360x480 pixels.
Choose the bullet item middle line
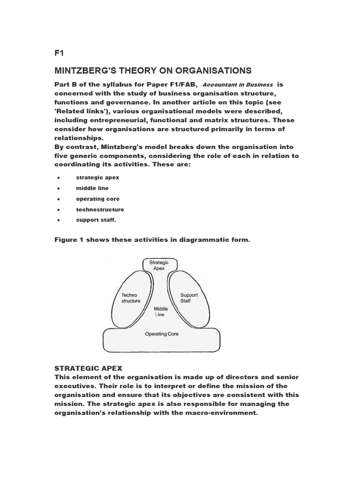pyautogui.click(x=92, y=188)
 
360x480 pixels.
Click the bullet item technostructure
pyautogui.click(x=100, y=210)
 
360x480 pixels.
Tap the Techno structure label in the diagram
pyautogui.click(x=130, y=298)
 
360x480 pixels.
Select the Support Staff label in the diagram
pyautogui.click(x=189, y=298)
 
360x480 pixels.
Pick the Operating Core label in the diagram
pyautogui.click(x=161, y=334)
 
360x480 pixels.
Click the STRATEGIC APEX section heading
pyautogui.click(x=89, y=368)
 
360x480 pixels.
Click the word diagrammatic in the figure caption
pyautogui.click(x=194, y=240)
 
